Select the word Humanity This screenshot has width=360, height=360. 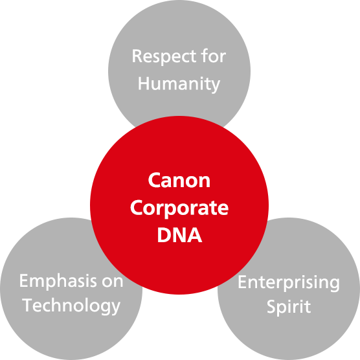(179, 84)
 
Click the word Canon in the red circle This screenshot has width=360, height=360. (179, 181)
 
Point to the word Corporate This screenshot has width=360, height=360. (179, 208)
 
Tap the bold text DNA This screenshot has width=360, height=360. (179, 235)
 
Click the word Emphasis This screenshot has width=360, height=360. (58, 282)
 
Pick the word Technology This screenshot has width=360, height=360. (71, 306)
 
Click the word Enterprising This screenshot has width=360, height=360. (289, 283)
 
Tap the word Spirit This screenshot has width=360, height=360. (289, 307)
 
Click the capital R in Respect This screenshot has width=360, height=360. (137, 56)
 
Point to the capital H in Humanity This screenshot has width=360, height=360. (144, 83)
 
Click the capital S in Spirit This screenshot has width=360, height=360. (271, 306)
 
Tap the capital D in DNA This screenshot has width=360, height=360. (164, 235)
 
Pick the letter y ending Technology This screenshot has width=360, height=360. (115, 308)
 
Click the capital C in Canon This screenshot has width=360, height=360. (154, 181)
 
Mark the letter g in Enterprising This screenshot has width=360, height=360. (334, 285)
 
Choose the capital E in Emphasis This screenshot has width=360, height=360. (24, 280)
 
